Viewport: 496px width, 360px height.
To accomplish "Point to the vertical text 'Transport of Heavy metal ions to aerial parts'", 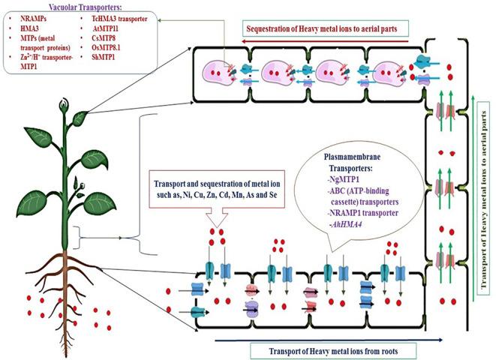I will [x=484, y=202].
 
